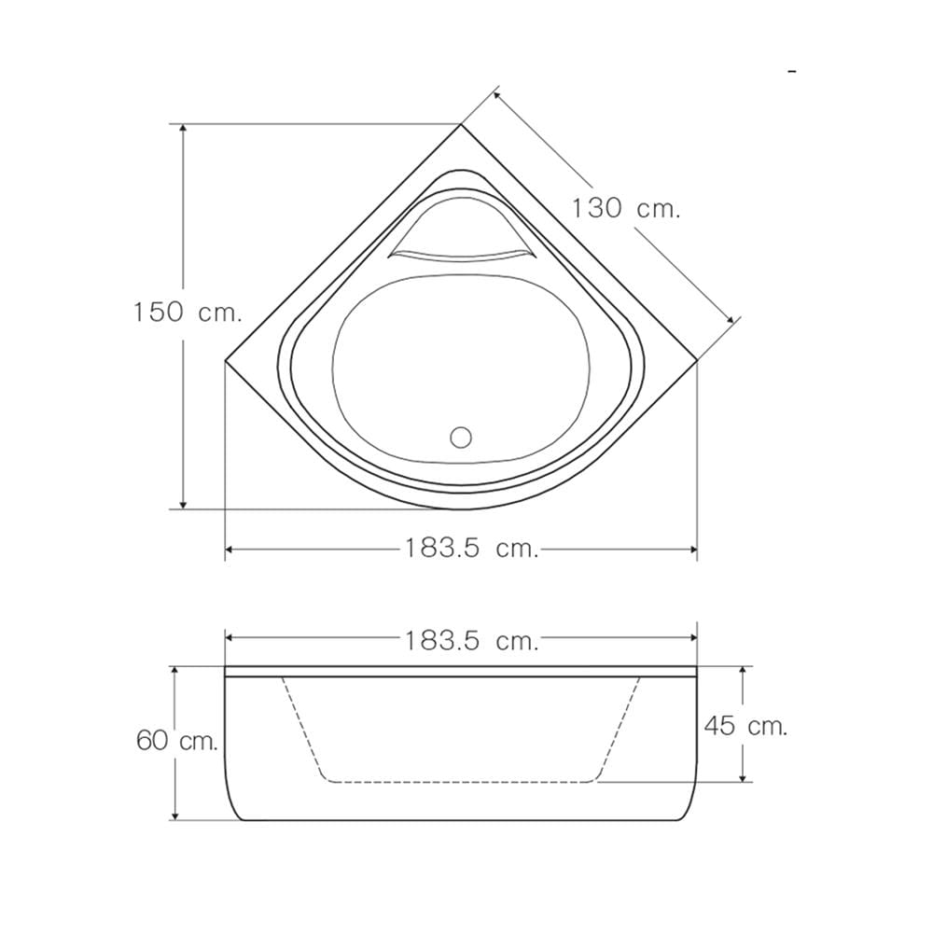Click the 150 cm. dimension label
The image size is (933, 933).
[x=188, y=313]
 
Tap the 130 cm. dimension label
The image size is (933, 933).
[x=625, y=209]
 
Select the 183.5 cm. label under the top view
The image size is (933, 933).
[x=472, y=548]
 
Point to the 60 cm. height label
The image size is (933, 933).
[x=177, y=741]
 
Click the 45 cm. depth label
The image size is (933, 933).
[x=745, y=726]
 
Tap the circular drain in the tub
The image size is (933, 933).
[x=461, y=438]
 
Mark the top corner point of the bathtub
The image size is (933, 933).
[x=461, y=124]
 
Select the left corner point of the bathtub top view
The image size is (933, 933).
[x=225, y=360]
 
